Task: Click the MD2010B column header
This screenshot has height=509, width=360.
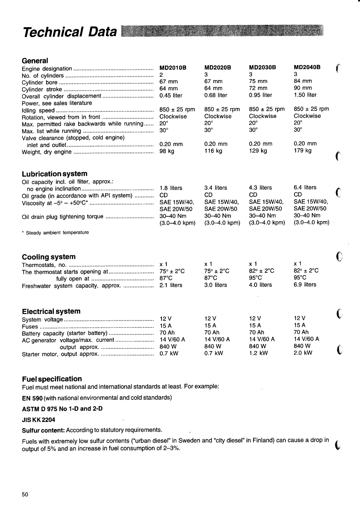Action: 173,68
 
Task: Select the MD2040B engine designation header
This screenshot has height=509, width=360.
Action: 307,67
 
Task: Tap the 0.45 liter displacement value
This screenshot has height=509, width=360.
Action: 171,96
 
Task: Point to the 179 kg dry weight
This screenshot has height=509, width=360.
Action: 302,151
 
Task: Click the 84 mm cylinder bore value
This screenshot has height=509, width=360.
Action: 303,81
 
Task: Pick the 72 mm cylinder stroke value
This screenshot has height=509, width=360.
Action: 258,88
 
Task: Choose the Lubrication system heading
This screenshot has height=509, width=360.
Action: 54,174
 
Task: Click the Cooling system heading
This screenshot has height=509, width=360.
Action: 49,257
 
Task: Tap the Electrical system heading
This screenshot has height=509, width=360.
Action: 51,311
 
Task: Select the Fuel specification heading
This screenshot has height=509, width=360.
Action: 52,379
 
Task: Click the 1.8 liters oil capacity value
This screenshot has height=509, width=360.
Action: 171,188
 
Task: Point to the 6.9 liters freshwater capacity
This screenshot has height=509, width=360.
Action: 305,285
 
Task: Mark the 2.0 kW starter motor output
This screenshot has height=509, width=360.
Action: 303,353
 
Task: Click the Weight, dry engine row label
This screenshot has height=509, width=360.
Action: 47,152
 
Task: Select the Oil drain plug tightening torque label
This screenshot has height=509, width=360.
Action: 63,217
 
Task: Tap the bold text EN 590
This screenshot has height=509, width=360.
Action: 32,398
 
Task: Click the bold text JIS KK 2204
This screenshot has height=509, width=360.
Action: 38,420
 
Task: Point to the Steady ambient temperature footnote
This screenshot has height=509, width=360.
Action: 57,233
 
